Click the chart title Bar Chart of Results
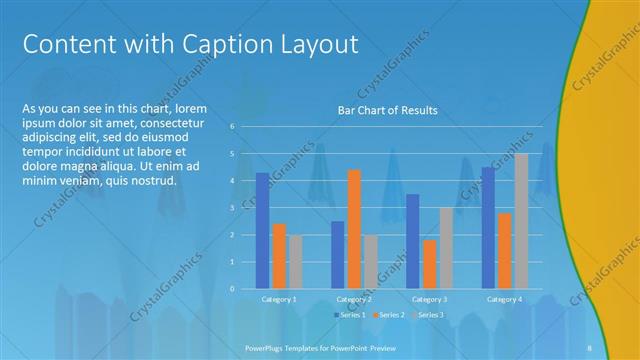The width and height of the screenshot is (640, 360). [x=385, y=110]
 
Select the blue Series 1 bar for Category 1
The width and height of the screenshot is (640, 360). [x=262, y=230]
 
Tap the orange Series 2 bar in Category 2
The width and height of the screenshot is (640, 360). [x=354, y=229]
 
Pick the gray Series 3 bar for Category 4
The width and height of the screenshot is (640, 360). [x=521, y=221]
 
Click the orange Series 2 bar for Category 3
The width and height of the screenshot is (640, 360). [x=430, y=264]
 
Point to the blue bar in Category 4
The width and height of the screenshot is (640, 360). [x=489, y=227]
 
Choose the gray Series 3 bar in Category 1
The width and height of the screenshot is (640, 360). [x=295, y=262]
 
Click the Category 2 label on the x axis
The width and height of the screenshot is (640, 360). [x=354, y=299]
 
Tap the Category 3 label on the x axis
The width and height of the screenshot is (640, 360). [x=429, y=299]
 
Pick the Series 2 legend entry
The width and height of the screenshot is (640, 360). [x=390, y=315]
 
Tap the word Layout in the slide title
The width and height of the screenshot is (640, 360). [x=316, y=45]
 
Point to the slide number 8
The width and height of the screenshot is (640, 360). [x=590, y=346]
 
